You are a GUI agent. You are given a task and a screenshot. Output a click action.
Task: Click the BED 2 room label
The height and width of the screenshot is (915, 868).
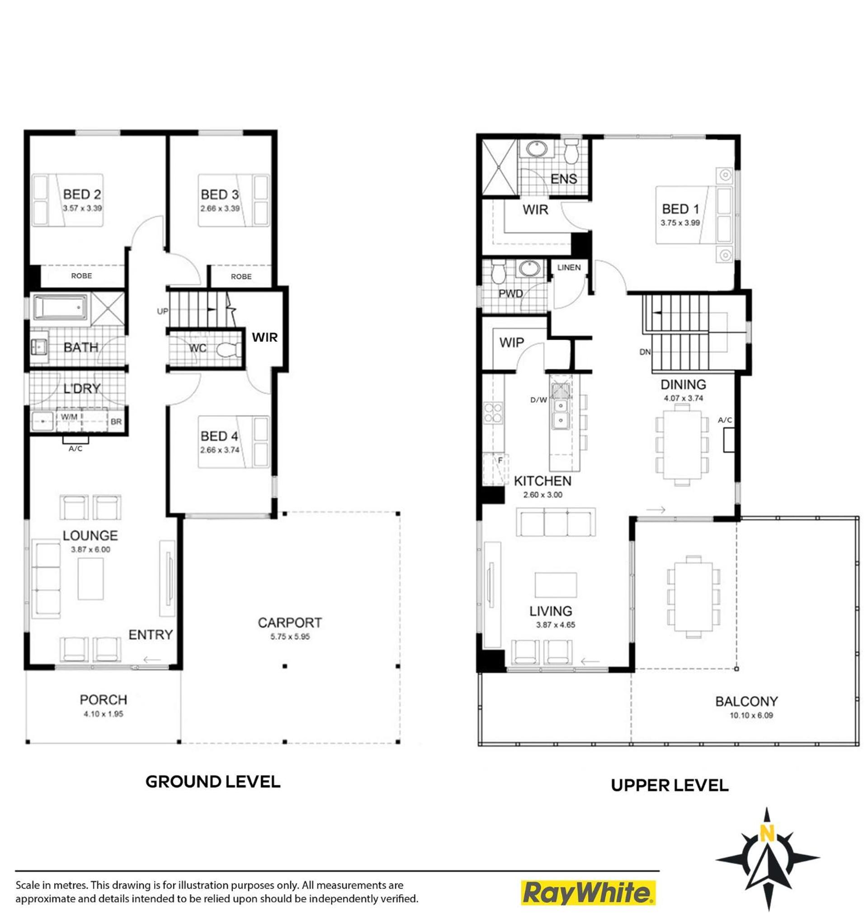(82, 195)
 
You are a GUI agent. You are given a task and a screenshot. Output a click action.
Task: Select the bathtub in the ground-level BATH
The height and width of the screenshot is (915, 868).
(60, 307)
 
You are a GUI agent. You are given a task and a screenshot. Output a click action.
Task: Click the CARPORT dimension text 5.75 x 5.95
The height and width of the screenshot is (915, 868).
(290, 637)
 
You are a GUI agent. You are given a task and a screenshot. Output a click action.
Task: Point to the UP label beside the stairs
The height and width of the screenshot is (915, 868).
(162, 311)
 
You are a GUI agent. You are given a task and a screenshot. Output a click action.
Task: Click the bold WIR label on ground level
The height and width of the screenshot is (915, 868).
(264, 337)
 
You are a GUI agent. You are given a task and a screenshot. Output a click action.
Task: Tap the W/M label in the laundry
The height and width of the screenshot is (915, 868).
(70, 417)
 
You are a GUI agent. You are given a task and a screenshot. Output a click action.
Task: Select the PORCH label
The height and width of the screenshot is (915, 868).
(103, 700)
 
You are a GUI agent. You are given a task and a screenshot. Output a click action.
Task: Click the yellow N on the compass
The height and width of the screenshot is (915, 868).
(767, 833)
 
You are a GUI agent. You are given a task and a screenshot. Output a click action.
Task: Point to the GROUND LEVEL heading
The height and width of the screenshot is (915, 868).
(213, 782)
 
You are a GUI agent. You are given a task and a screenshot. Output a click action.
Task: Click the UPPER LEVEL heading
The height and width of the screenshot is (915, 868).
(670, 785)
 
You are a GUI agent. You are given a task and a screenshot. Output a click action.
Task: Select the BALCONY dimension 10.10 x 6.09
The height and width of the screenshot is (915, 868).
(751, 715)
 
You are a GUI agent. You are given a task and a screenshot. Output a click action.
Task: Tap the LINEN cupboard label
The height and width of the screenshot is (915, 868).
(569, 267)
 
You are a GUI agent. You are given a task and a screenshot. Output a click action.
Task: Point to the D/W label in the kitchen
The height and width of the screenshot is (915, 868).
(538, 400)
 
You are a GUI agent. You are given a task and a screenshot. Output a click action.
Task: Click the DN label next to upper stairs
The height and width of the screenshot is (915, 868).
(645, 352)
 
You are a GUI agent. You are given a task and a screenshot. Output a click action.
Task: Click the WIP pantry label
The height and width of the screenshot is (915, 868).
(512, 343)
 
